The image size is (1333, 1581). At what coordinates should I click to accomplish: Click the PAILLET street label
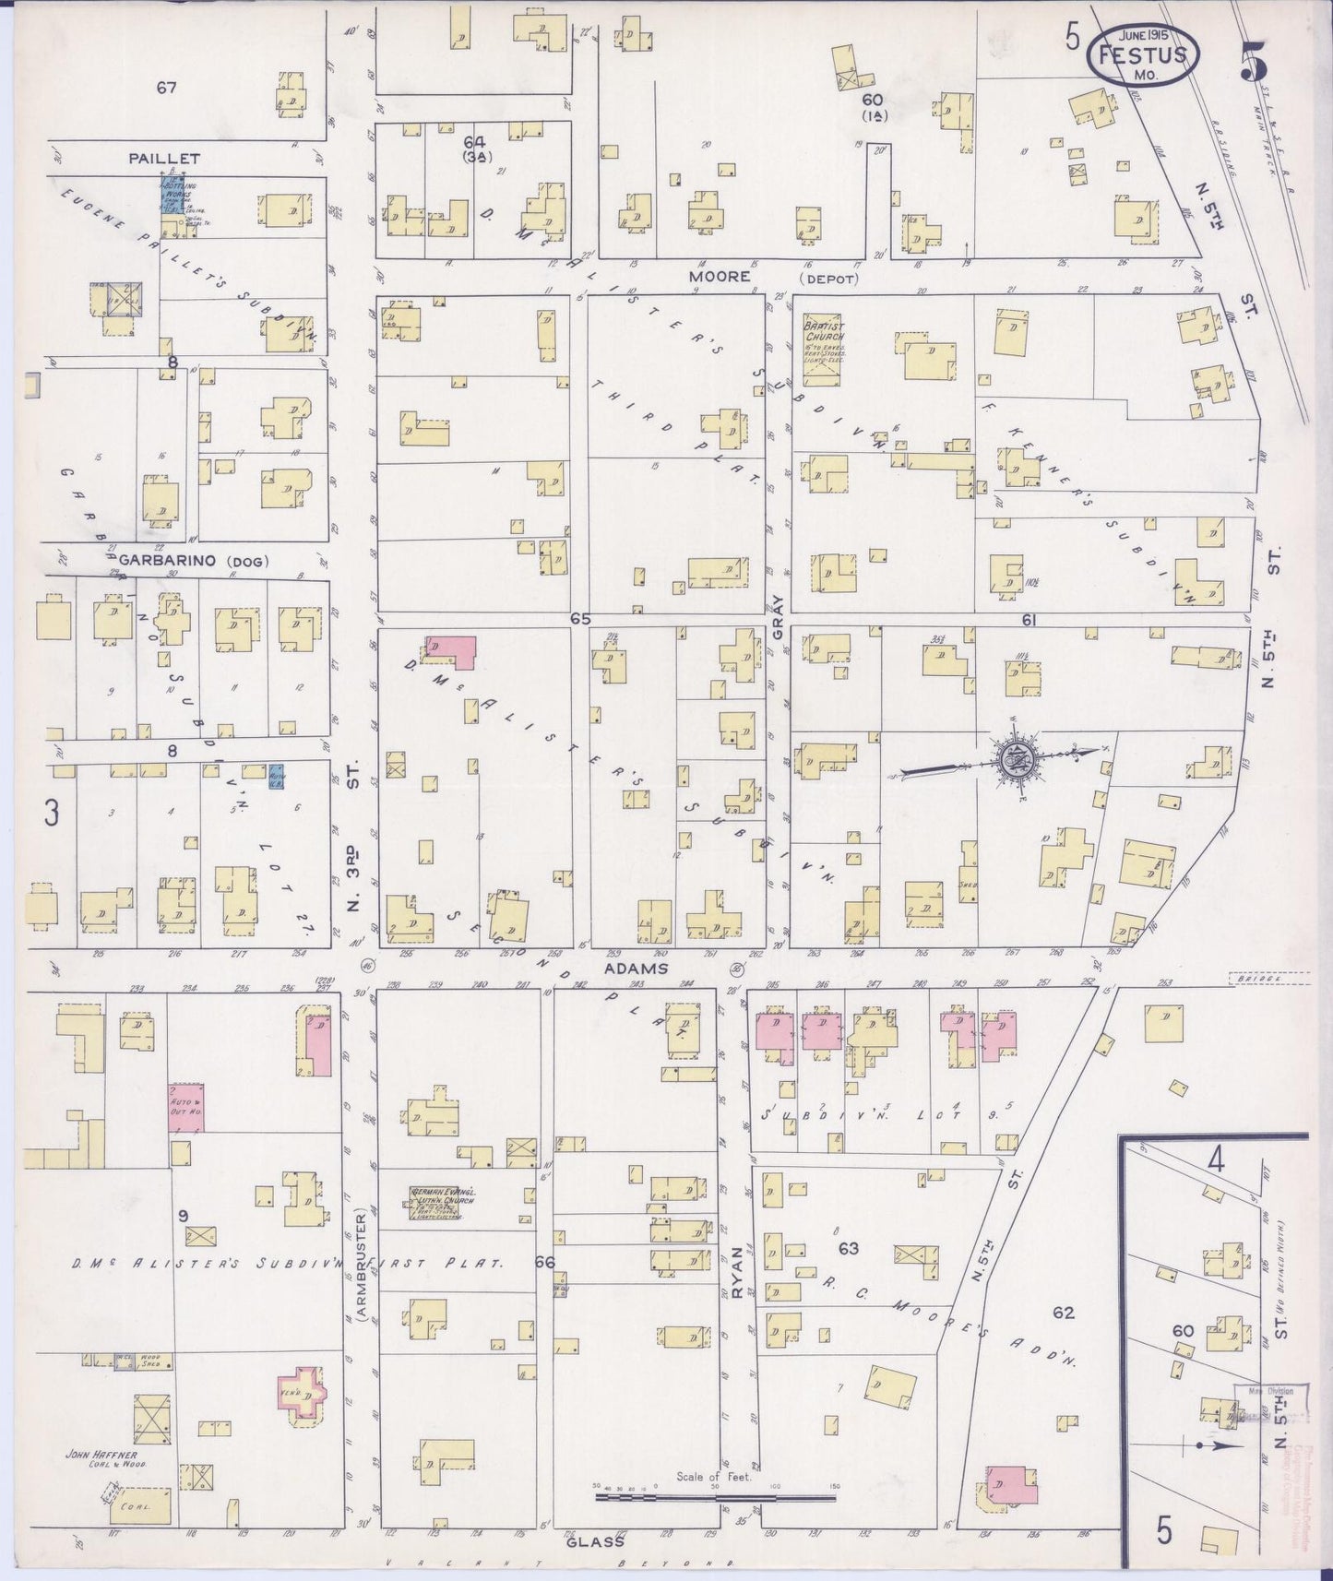pos(164,159)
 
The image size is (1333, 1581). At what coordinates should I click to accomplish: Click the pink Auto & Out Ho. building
pos(185,1108)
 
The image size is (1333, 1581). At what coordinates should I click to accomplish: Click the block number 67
pos(166,89)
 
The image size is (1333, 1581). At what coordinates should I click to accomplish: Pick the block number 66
pos(544,1262)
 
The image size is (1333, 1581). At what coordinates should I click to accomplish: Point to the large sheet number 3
pos(53,813)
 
